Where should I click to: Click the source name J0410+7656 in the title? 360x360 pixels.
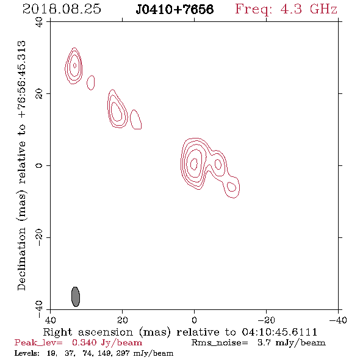tap(175, 9)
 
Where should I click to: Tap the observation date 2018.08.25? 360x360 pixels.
tap(62, 9)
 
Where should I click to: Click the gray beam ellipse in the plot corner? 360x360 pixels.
tap(76, 297)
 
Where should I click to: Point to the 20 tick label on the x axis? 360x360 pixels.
tap(123, 320)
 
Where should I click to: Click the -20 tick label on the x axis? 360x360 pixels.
tap(266, 320)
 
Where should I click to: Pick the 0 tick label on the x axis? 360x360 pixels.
tap(194, 320)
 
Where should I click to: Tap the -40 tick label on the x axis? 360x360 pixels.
tap(338, 320)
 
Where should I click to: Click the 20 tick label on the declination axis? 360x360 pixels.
tap(39, 94)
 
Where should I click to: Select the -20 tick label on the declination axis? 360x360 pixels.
tap(39, 237)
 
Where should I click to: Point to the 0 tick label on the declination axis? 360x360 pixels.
tap(39, 165)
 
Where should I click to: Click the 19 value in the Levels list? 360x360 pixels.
tap(52, 353)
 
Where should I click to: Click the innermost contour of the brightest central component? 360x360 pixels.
tap(191, 164)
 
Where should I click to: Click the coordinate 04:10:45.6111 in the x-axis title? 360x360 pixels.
tap(279, 332)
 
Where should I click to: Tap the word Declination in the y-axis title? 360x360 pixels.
tap(21, 259)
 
